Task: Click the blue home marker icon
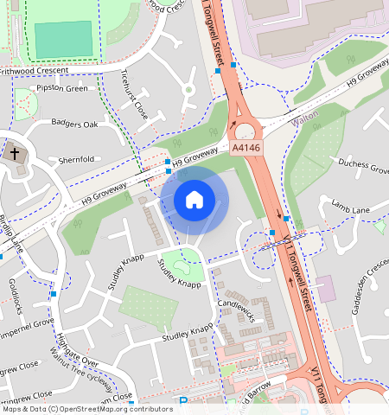tap(194, 200)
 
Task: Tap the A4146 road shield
tap(246, 150)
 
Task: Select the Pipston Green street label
tap(60, 88)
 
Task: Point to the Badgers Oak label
tap(74, 124)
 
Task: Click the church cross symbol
tap(15, 155)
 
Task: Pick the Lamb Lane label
tap(350, 206)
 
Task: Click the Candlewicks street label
tap(239, 304)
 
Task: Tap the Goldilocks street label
tap(18, 296)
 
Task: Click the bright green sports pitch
tap(62, 40)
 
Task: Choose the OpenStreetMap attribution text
tap(86, 409)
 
